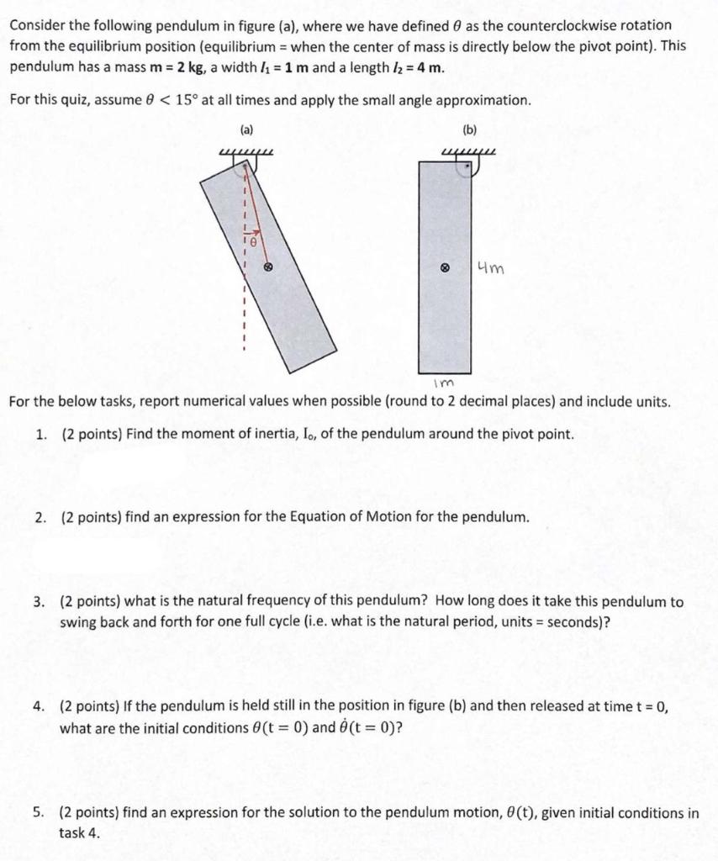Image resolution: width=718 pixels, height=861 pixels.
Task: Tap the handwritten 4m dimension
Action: (490, 269)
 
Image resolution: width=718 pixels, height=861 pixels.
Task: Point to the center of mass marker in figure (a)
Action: (268, 267)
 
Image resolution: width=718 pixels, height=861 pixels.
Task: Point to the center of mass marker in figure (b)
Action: (445, 270)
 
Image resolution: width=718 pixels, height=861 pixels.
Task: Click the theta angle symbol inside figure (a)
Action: (250, 240)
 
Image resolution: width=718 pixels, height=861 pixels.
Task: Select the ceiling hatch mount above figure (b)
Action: (469, 152)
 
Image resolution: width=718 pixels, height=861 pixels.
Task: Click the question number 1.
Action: (40, 435)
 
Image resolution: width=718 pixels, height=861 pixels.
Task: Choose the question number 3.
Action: (40, 602)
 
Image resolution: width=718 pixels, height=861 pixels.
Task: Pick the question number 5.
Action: (40, 813)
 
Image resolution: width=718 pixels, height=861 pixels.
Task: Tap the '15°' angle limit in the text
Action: (182, 100)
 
